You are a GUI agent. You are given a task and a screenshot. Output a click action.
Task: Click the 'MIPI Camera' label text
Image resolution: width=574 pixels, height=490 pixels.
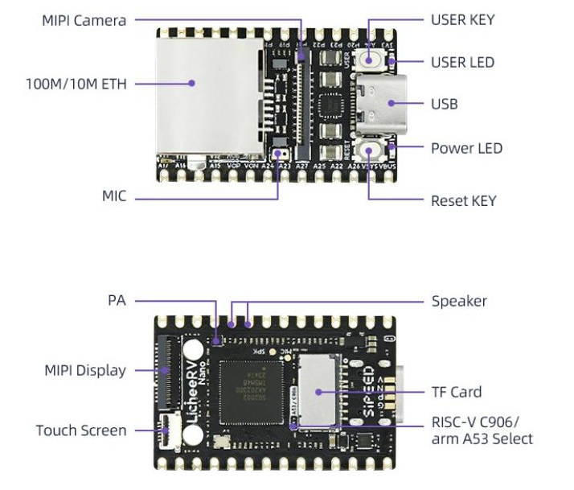(84, 20)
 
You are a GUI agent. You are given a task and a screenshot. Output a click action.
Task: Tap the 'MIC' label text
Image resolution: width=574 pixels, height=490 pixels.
(114, 196)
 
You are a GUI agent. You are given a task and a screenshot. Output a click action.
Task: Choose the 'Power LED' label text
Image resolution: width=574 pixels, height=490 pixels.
(466, 148)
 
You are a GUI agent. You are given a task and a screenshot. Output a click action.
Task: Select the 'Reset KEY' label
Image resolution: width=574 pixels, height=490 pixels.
(464, 200)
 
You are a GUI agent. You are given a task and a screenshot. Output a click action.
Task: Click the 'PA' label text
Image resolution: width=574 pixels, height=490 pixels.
(117, 300)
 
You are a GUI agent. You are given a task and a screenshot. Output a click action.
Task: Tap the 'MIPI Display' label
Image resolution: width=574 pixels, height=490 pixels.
(85, 370)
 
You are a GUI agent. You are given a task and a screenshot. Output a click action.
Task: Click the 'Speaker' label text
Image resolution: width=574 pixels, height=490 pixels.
(459, 301)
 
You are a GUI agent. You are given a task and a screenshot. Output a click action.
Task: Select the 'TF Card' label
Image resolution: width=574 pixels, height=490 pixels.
(457, 392)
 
